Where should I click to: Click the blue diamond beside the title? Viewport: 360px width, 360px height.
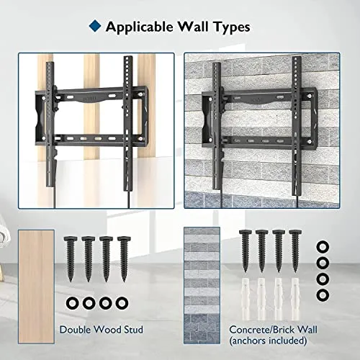[x=95, y=26]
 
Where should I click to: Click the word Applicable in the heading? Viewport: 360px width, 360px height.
[x=140, y=27]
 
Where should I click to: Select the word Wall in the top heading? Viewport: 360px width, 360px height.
[x=193, y=27]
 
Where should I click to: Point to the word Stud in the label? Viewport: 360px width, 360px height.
[x=133, y=330]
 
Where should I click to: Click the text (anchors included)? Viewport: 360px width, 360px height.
[x=268, y=341]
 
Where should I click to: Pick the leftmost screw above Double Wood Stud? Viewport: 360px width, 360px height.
[x=71, y=258]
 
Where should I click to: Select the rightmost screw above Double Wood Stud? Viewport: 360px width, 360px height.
[x=124, y=258]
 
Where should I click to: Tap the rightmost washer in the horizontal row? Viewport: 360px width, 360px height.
[x=122, y=303]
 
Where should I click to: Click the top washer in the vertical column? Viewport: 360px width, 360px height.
[x=323, y=247]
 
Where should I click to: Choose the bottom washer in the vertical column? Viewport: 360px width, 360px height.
[x=323, y=294]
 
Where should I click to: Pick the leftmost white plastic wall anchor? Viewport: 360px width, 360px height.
[x=245, y=298]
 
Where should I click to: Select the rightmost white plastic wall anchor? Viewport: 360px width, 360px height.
[x=295, y=298]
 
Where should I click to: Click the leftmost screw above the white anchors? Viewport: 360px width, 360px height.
[x=246, y=251]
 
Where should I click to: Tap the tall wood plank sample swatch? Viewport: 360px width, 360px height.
[x=36, y=287]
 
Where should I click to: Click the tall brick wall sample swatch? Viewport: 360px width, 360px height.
[x=202, y=285]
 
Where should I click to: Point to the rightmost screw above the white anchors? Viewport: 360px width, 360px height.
[x=295, y=251]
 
